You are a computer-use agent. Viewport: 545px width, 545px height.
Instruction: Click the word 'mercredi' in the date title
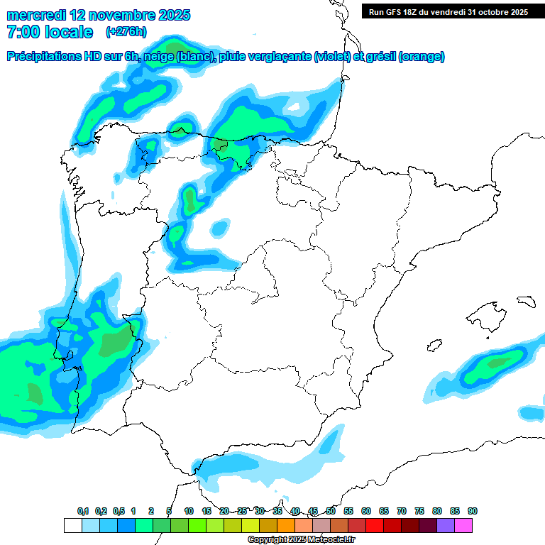click(x=36, y=15)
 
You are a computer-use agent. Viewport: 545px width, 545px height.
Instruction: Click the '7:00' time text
click(x=22, y=32)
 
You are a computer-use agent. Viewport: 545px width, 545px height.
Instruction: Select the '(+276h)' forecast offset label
click(x=126, y=31)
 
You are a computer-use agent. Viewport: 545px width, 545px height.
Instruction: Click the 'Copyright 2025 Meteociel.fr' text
click(x=300, y=540)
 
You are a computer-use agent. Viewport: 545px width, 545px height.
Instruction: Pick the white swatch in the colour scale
click(x=72, y=526)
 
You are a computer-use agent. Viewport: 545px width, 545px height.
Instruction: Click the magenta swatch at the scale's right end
click(x=463, y=526)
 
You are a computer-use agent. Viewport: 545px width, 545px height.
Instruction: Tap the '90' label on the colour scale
click(x=472, y=512)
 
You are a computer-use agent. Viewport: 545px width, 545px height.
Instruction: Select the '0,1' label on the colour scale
click(x=83, y=512)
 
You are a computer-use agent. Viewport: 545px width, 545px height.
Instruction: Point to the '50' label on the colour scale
click(x=331, y=512)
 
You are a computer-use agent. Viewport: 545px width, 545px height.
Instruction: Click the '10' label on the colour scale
click(x=189, y=512)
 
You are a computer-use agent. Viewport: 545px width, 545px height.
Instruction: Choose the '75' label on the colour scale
click(x=419, y=512)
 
